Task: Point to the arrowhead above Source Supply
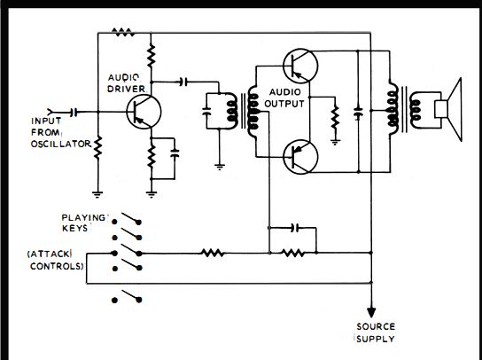pyautogui.click(x=371, y=312)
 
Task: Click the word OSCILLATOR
pyautogui.click(x=61, y=144)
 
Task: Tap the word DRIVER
pyautogui.click(x=126, y=89)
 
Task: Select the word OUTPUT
pyautogui.click(x=284, y=104)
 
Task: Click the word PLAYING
pyautogui.click(x=83, y=217)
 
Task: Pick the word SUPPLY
pyautogui.click(x=376, y=339)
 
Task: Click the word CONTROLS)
pyautogui.click(x=57, y=266)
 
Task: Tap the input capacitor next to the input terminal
pyautogui.click(x=74, y=113)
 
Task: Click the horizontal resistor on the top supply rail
pyautogui.click(x=123, y=32)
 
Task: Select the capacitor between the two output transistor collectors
pyautogui.click(x=358, y=113)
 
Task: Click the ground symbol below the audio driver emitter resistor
pyautogui.click(x=151, y=194)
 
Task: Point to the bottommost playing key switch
pyautogui.click(x=127, y=296)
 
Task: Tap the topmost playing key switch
pyautogui.click(x=127, y=218)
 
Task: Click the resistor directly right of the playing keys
pyautogui.click(x=213, y=254)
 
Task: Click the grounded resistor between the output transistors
pyautogui.click(x=335, y=119)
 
